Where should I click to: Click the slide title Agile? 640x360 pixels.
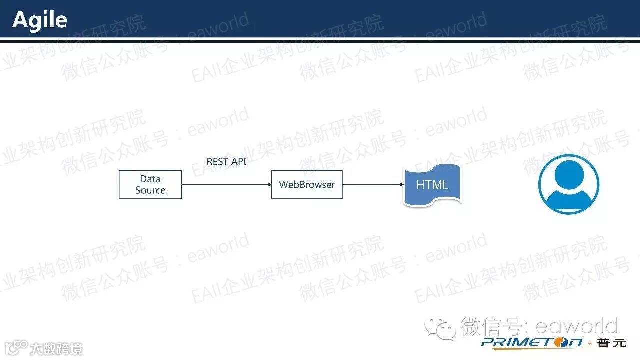[40, 20]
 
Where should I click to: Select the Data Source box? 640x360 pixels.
[150, 185]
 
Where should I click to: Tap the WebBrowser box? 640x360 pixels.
[307, 185]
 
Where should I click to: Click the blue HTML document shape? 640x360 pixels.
[432, 185]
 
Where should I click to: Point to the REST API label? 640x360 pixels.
[226, 161]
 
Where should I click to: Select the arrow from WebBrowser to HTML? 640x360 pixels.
[372, 185]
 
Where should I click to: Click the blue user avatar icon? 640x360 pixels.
[569, 185]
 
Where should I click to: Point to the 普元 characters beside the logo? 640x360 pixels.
[611, 343]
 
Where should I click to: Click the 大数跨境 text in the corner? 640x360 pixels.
[56, 348]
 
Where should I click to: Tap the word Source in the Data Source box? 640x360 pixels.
[150, 190]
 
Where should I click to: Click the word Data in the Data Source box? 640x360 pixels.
[150, 179]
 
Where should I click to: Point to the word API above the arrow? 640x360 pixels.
[238, 161]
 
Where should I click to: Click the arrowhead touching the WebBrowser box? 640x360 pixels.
[269, 185]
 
